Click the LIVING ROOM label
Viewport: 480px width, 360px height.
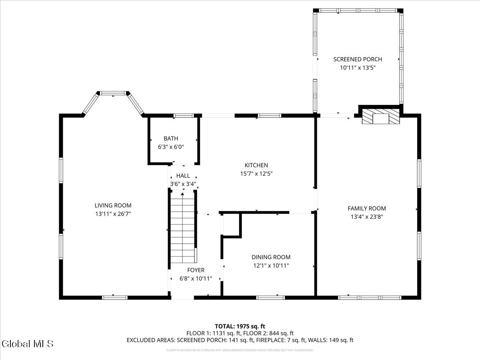(x=113, y=206)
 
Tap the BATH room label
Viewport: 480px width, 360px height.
(x=171, y=138)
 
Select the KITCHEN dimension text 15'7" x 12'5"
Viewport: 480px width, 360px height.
(x=256, y=174)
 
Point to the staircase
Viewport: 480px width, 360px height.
(x=183, y=226)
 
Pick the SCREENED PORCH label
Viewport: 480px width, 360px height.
(x=358, y=59)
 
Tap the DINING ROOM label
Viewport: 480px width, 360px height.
(x=271, y=257)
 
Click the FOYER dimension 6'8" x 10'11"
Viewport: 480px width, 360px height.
(x=195, y=278)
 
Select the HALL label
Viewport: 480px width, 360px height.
(x=183, y=176)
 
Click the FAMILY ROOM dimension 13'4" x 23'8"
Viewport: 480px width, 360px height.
(x=366, y=217)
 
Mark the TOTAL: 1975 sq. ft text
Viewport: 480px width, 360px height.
(x=240, y=326)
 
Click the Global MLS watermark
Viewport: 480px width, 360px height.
(x=27, y=344)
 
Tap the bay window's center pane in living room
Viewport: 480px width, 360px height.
(x=112, y=93)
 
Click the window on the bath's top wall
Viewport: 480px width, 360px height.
(x=184, y=116)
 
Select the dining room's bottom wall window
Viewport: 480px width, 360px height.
(x=270, y=298)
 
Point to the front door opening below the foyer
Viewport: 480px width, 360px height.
(x=182, y=298)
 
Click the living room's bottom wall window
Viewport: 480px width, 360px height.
(x=114, y=298)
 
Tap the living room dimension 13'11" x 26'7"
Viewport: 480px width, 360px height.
(x=113, y=214)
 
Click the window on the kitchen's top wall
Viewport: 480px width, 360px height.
(x=269, y=116)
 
